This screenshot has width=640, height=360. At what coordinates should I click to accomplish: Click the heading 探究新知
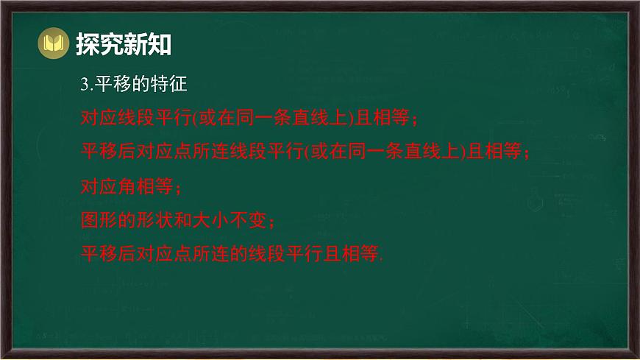[124, 45]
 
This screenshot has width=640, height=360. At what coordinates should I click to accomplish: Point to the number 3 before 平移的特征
[84, 85]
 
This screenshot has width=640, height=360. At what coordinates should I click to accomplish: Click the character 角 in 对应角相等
[127, 186]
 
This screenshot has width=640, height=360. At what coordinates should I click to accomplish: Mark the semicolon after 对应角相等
[178, 188]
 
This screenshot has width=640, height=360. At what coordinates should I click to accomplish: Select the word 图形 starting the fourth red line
[98, 220]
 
